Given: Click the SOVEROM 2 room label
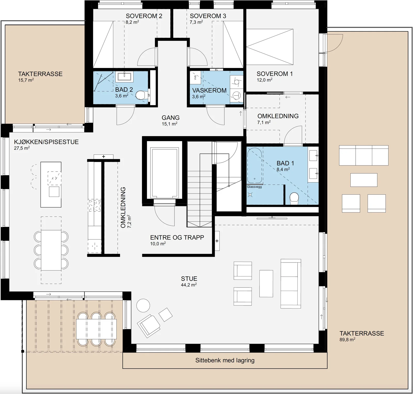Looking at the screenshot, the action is [x=144, y=16].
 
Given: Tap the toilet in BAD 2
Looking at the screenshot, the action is [x=141, y=95].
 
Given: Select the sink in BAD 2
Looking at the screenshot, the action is [x=124, y=76].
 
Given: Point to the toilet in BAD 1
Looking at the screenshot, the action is [x=294, y=198].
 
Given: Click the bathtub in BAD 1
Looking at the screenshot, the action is [x=255, y=166].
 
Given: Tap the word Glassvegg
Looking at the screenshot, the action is [x=254, y=187].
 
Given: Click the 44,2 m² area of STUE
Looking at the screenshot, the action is [x=189, y=285].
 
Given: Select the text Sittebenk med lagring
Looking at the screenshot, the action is [x=225, y=360].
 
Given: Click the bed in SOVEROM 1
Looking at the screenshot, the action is [x=270, y=47].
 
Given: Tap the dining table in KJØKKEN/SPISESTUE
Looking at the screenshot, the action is [x=51, y=250].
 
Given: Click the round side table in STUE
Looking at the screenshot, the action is [x=143, y=305].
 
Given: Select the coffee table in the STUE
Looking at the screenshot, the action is [x=266, y=284].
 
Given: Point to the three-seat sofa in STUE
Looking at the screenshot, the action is [x=291, y=284].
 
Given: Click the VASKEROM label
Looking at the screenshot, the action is [x=209, y=90].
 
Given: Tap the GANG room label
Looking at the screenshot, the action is [x=171, y=118].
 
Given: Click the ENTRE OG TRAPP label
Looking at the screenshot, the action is [x=177, y=237].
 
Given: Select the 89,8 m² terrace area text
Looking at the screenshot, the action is [x=347, y=339].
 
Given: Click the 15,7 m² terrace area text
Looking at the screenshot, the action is [x=26, y=80].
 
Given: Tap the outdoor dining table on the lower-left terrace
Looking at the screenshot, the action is [x=96, y=329].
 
